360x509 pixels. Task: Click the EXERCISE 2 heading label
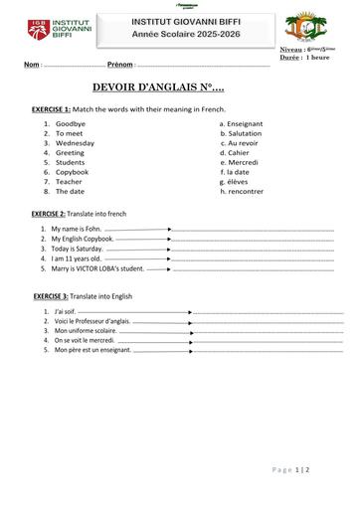pyautogui.click(x=49, y=215)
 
